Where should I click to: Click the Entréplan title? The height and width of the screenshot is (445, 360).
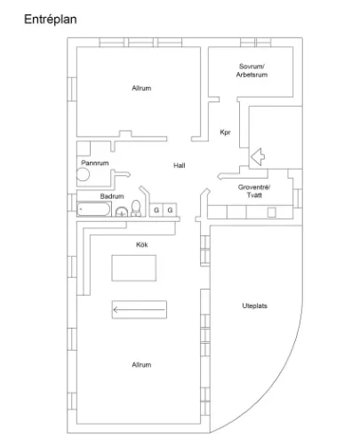point(51,20)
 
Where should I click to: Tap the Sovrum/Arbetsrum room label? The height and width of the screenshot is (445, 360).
point(252,70)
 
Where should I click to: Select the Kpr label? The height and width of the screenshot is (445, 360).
point(225,132)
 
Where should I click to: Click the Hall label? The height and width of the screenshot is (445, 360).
point(180,165)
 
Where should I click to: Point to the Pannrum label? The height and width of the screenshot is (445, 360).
point(95,163)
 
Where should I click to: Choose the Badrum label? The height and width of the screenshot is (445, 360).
point(112,196)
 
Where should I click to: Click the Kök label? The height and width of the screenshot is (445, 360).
point(141,244)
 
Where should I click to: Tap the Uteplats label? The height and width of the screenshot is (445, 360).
point(254,306)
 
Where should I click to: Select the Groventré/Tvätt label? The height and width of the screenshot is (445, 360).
point(254,191)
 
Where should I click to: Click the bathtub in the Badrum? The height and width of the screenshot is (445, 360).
point(94,209)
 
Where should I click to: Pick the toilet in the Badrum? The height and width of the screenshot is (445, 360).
point(136,208)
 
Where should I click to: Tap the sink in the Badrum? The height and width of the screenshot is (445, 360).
point(122,212)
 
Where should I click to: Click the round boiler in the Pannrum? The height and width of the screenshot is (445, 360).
point(84,174)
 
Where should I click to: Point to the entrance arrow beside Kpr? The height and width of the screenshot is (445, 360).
point(258,156)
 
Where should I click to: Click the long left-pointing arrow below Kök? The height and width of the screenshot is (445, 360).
point(139,310)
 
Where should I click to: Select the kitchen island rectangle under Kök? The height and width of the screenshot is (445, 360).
point(134,268)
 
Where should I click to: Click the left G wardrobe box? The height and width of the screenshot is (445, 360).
point(156,210)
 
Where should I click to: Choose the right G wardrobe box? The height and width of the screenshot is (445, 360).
point(170,210)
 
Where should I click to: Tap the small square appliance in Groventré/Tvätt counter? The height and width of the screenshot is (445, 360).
point(271,212)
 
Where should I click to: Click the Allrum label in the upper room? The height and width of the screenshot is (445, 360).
point(141,88)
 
